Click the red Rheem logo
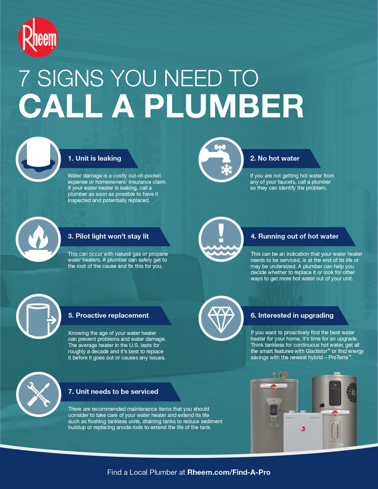click(38, 38)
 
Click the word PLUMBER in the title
click(224, 106)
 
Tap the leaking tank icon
click(38, 159)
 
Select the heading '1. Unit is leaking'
click(94, 158)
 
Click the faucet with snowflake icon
click(221, 159)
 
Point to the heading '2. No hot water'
click(275, 158)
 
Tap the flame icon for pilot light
click(38, 239)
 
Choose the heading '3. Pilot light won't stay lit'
click(108, 236)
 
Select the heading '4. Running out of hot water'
click(294, 236)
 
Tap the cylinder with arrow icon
click(38, 317)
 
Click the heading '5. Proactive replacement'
click(108, 315)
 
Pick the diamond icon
click(221, 318)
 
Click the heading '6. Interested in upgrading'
click(292, 315)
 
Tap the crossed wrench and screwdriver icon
click(38, 394)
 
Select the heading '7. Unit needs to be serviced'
click(113, 391)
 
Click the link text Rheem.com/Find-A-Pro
click(229, 472)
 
